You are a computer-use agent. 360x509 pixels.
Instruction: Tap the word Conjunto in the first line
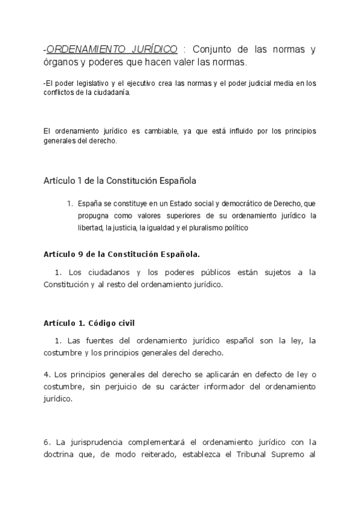tap(218, 49)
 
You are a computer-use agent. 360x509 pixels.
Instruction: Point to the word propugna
tap(93, 215)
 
